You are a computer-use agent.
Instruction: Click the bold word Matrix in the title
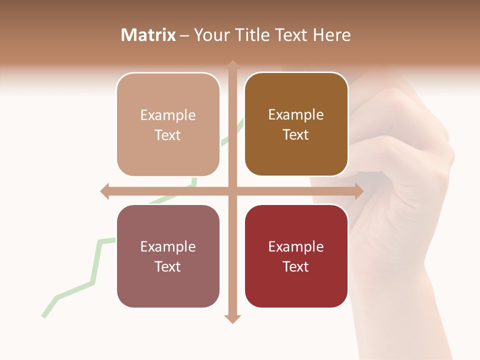(x=148, y=35)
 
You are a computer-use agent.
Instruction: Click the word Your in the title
(x=209, y=35)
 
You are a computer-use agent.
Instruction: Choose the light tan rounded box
(x=168, y=124)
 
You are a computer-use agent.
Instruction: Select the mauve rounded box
(x=168, y=256)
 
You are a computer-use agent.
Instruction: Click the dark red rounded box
(x=296, y=256)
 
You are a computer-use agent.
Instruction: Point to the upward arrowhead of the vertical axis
(x=232, y=64)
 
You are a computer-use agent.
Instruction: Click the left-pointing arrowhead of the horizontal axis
(x=104, y=191)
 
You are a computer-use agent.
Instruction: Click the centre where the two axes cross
(x=232, y=191)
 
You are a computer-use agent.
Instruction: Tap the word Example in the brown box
(x=296, y=114)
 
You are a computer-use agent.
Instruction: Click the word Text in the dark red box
(x=296, y=266)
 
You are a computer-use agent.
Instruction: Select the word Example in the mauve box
(x=168, y=246)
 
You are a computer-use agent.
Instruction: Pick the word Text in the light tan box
(x=168, y=135)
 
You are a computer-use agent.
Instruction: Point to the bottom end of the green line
(x=43, y=316)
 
